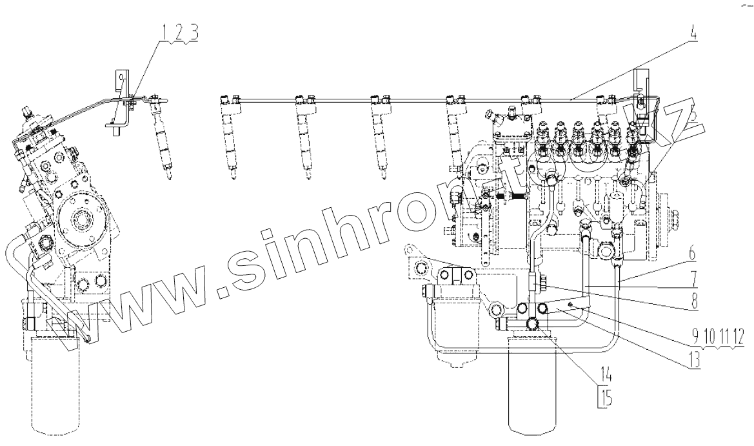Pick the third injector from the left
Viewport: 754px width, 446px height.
303,139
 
